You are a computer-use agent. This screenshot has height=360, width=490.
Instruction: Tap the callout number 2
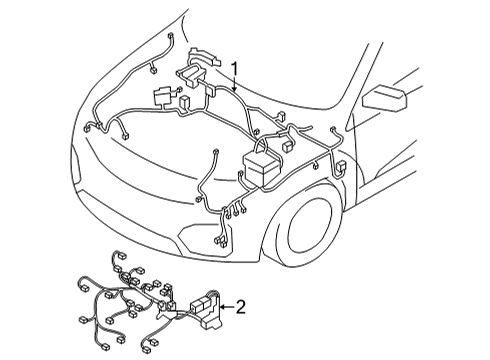click(x=239, y=308)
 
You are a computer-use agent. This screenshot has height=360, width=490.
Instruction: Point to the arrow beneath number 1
click(x=233, y=86)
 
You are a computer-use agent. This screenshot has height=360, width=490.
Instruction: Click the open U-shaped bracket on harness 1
click(x=189, y=74)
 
